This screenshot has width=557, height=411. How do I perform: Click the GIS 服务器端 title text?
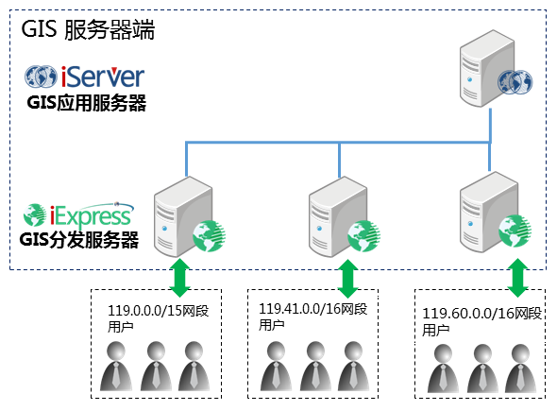coord(88,29)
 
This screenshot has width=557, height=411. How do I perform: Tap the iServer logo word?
coord(103,77)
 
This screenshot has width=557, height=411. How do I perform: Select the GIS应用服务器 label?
coord(86,103)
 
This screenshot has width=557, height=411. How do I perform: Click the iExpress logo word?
coord(91,215)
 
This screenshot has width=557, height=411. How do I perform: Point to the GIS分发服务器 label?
coord(79,240)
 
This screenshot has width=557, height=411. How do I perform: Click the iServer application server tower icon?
coord(487,68)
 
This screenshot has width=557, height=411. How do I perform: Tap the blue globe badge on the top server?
coord(515,82)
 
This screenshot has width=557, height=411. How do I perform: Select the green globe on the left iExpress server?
coord(209,235)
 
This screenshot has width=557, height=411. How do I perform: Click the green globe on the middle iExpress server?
coord(363,235)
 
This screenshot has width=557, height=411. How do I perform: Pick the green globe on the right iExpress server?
coord(515,231)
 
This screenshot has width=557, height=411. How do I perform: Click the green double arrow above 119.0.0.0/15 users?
coord(179,278)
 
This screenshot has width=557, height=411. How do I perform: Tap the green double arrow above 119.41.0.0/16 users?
coord(347,279)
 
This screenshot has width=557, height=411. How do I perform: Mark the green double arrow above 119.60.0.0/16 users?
coord(518,278)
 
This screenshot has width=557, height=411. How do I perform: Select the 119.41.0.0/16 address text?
coord(300,309)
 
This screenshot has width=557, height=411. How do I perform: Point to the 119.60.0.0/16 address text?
coord(463,314)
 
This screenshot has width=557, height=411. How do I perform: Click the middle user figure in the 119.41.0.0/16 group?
coord(315,367)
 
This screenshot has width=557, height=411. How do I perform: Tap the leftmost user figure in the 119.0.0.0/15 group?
coord(116,367)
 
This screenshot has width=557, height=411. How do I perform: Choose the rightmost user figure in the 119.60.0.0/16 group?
coord(521,368)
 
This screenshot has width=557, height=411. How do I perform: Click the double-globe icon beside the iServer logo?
coord(41,77)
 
